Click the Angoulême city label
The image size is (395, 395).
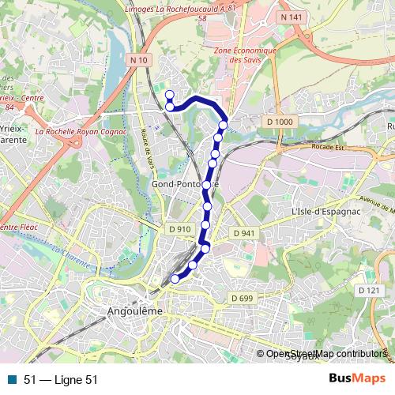click(134, 311)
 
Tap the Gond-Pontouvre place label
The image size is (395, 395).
click(183, 185)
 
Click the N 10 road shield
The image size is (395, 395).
click(140, 59)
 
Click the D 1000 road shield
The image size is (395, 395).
click(280, 121)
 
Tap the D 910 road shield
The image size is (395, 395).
click(180, 229)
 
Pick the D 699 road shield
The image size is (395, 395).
click(241, 297)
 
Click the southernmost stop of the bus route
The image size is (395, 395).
click(175, 278)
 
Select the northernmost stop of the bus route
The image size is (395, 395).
click(169, 95)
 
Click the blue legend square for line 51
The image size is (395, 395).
click(12, 379)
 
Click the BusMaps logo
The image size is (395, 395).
click(357, 378)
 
